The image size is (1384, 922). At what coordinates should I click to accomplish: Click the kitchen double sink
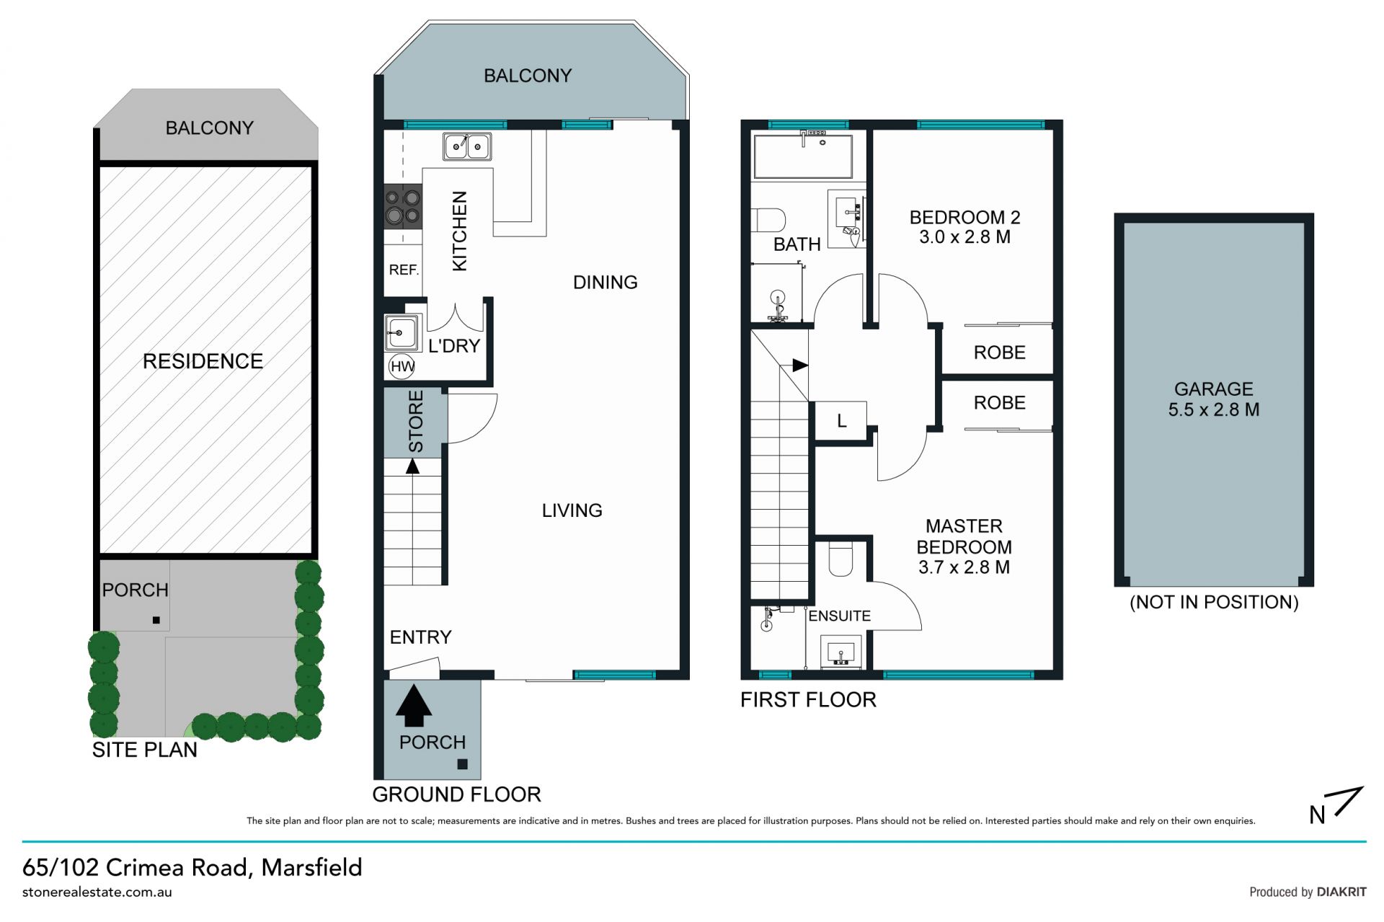coord(467,146)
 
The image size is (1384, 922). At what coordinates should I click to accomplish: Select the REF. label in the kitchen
coord(404,270)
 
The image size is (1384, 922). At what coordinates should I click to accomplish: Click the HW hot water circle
coord(402,366)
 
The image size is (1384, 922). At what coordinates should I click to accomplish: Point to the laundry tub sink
coord(402,332)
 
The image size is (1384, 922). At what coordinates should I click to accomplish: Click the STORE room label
coord(416,422)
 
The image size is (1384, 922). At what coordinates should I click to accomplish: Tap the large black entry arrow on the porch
coord(414,705)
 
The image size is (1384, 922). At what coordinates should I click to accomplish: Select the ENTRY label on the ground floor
coord(420,637)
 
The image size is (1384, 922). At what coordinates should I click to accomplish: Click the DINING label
coord(605,283)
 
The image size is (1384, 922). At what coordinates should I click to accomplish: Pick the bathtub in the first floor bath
coord(802,156)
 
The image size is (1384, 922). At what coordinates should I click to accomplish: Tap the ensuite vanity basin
coord(840,652)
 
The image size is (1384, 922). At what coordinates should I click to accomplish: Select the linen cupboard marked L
coord(840,421)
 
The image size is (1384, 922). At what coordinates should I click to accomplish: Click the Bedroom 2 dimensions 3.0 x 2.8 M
coord(964,237)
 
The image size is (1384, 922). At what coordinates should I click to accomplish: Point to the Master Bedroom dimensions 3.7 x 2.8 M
coord(964,567)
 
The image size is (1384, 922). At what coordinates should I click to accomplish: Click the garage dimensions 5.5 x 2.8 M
coord(1214,410)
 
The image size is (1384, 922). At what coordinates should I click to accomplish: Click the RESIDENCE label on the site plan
coord(203,361)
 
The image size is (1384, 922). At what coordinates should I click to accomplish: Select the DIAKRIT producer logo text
coord(1341,892)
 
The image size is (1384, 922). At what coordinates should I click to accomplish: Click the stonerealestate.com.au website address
coord(97,892)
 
